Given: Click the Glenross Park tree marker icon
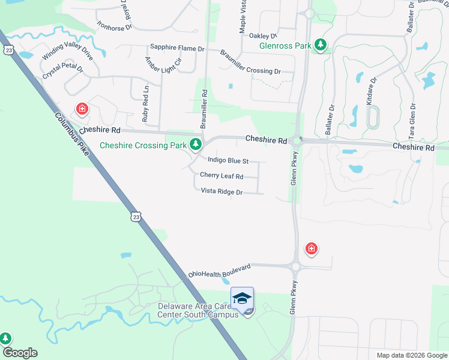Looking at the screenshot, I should click(321, 44).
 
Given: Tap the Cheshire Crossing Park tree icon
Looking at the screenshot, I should click(195, 144).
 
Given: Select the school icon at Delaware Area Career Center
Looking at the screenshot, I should click(242, 298).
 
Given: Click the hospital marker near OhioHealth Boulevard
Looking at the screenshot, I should click(311, 248).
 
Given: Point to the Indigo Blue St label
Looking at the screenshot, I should click(228, 161).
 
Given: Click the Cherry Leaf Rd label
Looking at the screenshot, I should click(221, 176).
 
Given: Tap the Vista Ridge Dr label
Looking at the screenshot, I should click(221, 192).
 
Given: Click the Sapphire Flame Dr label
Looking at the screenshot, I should click(178, 47).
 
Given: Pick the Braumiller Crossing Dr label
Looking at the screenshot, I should click(250, 62).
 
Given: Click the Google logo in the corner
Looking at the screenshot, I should click(20, 353).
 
